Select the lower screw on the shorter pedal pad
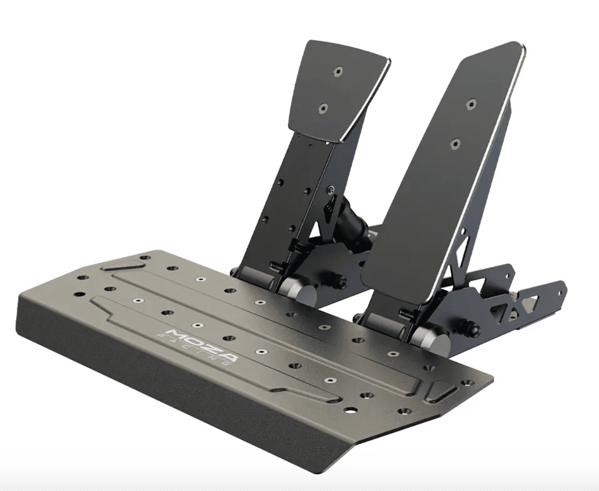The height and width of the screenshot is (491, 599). click(x=324, y=108)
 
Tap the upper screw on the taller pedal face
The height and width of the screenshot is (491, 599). click(x=470, y=104)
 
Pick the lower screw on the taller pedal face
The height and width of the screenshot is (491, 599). click(x=455, y=144)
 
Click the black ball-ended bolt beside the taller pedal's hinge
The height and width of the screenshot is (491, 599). click(x=472, y=328)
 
